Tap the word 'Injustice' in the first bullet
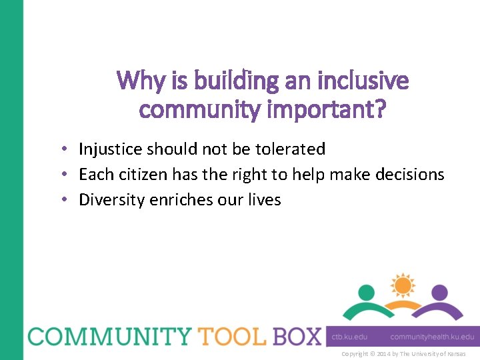110,149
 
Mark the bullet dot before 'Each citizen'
68,175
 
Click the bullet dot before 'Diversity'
68,200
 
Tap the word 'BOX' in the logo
295,336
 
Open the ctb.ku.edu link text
350,337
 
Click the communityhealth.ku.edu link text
432,337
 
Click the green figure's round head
367,292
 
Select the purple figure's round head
438,292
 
